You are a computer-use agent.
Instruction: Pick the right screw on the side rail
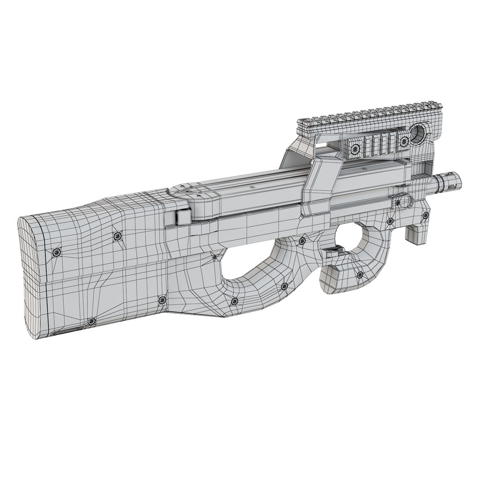[x=405, y=141]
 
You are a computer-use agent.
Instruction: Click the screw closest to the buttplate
[x=57, y=253]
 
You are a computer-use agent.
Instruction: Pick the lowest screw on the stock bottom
[x=91, y=321]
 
